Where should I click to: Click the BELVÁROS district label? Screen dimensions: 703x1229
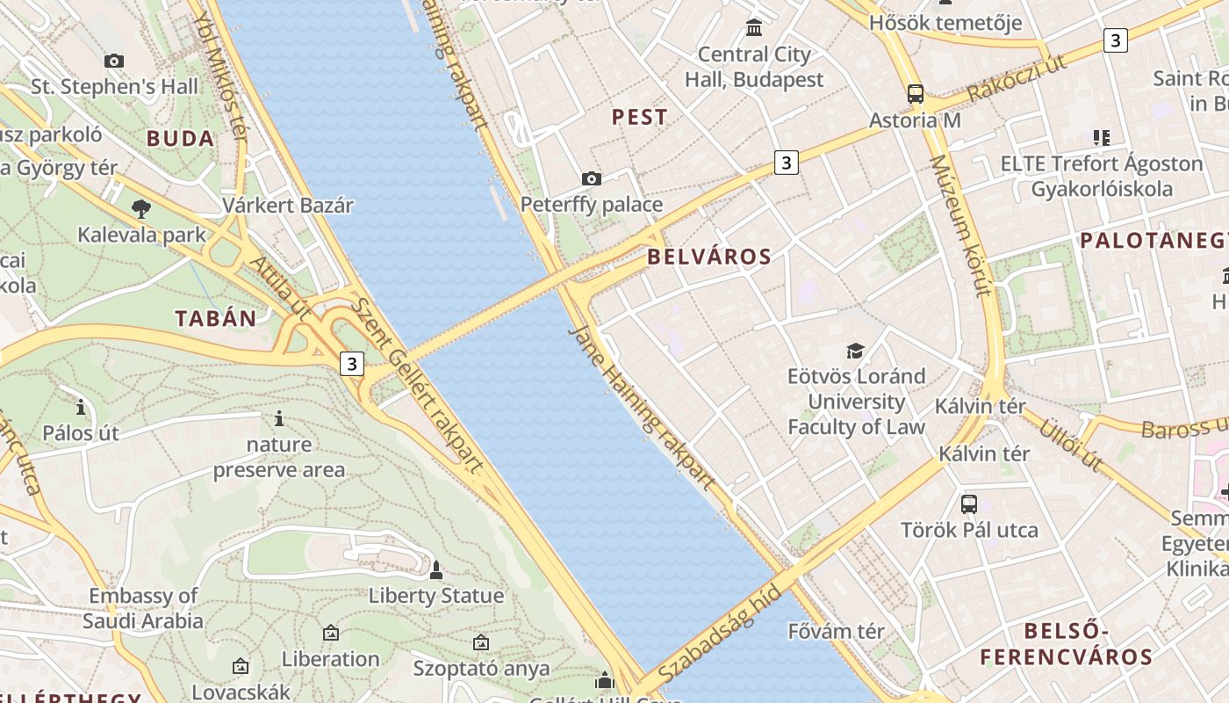click(709, 257)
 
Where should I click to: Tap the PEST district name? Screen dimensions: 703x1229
click(639, 117)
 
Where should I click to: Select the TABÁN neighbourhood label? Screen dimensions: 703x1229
click(216, 319)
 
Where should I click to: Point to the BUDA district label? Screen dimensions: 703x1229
click(181, 139)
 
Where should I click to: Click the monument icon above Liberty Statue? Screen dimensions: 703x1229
click(435, 570)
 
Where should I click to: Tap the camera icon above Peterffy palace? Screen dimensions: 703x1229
click(592, 179)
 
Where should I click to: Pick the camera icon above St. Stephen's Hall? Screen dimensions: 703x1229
click(114, 62)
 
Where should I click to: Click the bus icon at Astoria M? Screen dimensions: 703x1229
click(916, 94)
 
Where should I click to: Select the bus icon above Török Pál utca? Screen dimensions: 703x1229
click(969, 504)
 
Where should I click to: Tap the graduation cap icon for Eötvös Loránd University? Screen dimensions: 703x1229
click(856, 351)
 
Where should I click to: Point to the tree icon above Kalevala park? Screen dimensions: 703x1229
click(140, 209)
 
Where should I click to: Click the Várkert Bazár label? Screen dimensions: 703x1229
click(288, 206)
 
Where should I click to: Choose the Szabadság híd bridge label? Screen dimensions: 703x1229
click(719, 634)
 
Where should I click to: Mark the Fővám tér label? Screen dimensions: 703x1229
click(837, 631)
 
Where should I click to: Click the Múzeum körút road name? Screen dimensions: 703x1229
click(960, 226)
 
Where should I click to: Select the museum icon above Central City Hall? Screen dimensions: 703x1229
click(754, 28)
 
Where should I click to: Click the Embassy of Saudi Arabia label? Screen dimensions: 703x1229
click(143, 608)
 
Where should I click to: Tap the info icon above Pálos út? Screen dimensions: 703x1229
click(81, 408)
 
